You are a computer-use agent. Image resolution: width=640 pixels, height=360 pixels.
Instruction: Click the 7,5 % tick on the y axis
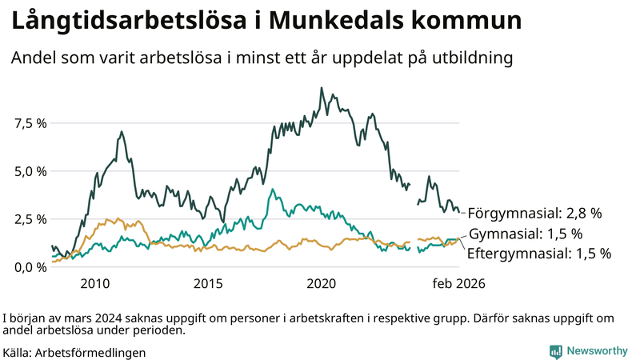(30, 123)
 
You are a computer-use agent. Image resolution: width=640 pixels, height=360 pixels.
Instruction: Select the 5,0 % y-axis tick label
(30, 171)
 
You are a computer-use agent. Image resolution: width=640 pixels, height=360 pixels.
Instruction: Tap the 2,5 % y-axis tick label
(30, 219)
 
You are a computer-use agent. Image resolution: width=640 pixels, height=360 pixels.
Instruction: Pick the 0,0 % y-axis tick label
(30, 267)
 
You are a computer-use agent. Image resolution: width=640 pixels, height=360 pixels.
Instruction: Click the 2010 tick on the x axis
(94, 283)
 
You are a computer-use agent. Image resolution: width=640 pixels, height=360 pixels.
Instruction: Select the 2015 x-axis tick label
(208, 283)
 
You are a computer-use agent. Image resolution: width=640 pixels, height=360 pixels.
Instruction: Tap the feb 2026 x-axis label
(458, 283)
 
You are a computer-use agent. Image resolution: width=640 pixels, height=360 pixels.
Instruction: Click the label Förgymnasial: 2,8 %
(534, 214)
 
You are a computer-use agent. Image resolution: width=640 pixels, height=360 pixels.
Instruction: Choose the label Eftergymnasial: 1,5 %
(538, 254)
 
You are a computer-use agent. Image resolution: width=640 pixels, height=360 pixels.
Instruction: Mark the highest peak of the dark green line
(322, 88)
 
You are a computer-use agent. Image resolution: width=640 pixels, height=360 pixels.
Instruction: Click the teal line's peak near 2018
(273, 190)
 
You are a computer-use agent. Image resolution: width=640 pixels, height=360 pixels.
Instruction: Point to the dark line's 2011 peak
(122, 132)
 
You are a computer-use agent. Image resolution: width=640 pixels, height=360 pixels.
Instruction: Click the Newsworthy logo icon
(555, 351)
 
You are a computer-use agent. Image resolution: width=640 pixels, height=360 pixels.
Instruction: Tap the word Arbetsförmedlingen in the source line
(90, 352)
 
